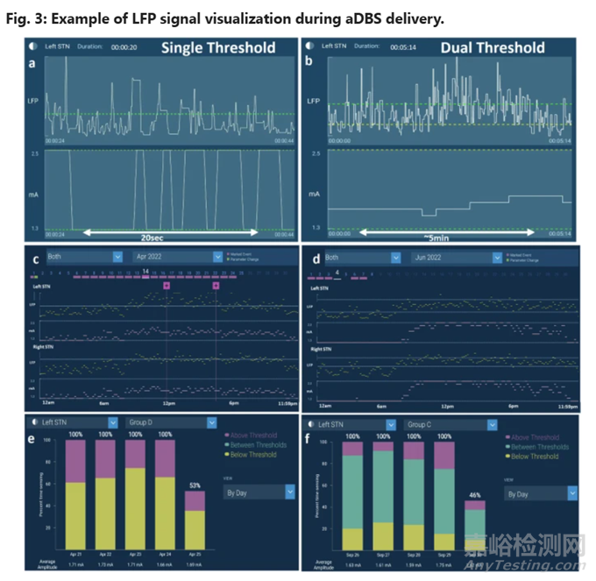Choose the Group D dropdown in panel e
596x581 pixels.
click(170, 422)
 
